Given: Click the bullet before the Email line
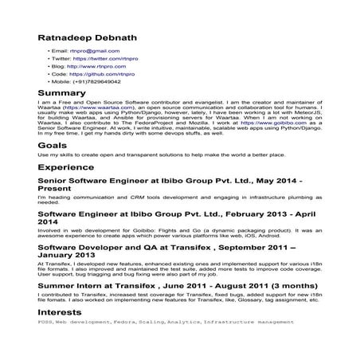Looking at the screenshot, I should tap(49, 50).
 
